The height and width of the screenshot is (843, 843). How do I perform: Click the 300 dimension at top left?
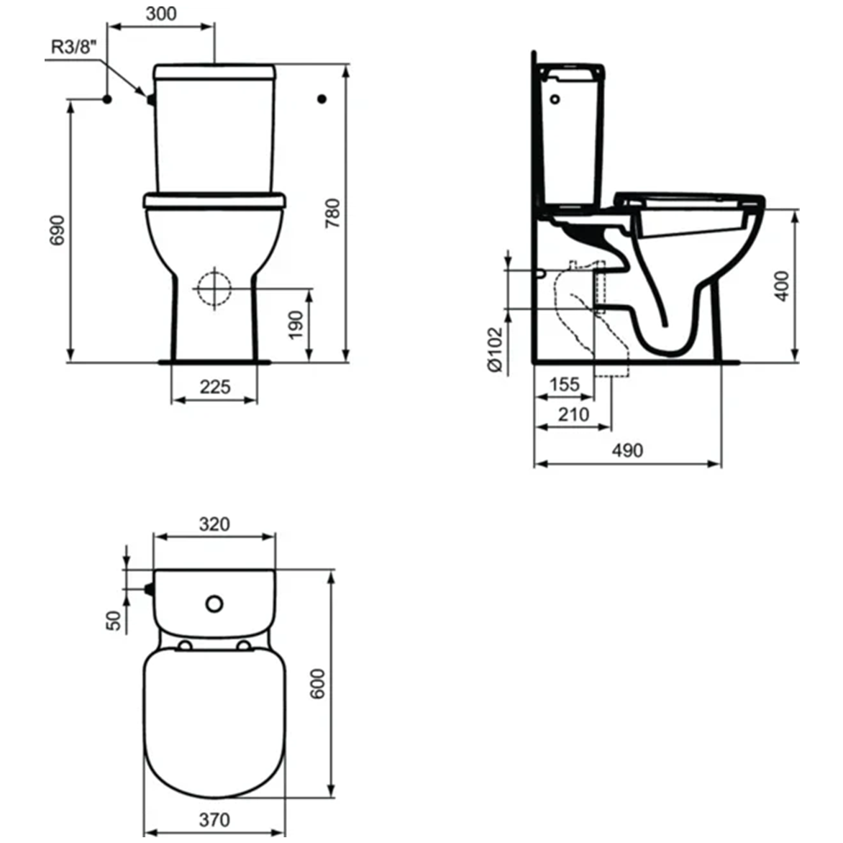coord(160,13)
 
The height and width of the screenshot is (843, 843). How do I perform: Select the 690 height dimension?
coord(57,229)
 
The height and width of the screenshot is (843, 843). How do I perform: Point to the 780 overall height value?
coord(332,213)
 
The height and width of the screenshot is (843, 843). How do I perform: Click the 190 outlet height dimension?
coord(296,326)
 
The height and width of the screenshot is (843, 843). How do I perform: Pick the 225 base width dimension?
coord(214,386)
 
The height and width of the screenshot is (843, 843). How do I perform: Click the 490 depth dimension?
coord(627,450)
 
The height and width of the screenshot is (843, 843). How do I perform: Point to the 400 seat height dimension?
coord(783,286)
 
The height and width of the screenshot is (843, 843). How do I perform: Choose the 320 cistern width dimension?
coord(214,524)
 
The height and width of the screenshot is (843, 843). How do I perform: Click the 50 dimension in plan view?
coord(114,619)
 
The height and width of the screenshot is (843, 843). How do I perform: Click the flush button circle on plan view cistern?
coord(214,603)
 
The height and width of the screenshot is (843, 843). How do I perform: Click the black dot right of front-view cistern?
coord(322,99)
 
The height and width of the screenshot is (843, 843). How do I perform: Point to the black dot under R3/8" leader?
coord(106,99)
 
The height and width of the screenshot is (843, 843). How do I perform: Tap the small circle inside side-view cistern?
coord(557,99)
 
